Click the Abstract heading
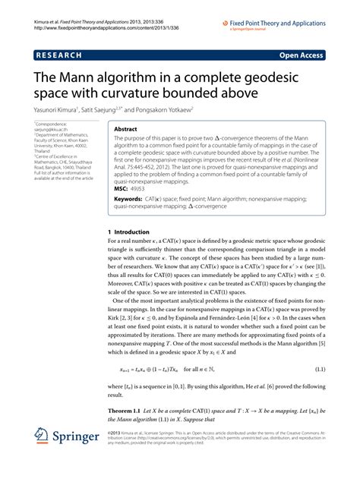pyautogui.click(x=125, y=129)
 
